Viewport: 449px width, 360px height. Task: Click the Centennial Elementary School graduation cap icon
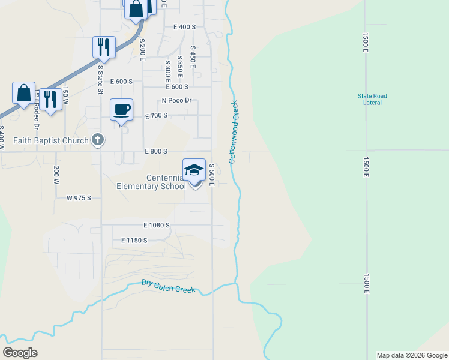tap(194, 170)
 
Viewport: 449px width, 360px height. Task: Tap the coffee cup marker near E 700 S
tap(122, 109)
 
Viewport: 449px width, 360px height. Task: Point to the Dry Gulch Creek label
tap(169, 286)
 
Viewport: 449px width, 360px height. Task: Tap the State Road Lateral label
tap(372, 99)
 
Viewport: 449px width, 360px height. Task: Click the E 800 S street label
tap(155, 152)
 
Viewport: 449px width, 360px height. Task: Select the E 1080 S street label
tap(157, 225)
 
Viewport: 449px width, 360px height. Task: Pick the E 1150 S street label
tap(134, 240)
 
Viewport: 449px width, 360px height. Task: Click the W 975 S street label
tap(79, 197)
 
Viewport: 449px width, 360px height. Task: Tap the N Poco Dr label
tap(176, 101)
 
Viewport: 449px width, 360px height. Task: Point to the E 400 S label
tap(185, 27)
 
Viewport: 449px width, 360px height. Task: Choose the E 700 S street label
tap(155, 115)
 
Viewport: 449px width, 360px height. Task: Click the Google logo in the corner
tap(20, 353)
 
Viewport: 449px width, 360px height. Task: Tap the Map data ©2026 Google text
tap(412, 355)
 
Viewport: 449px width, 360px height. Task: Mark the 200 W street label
tap(56, 174)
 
